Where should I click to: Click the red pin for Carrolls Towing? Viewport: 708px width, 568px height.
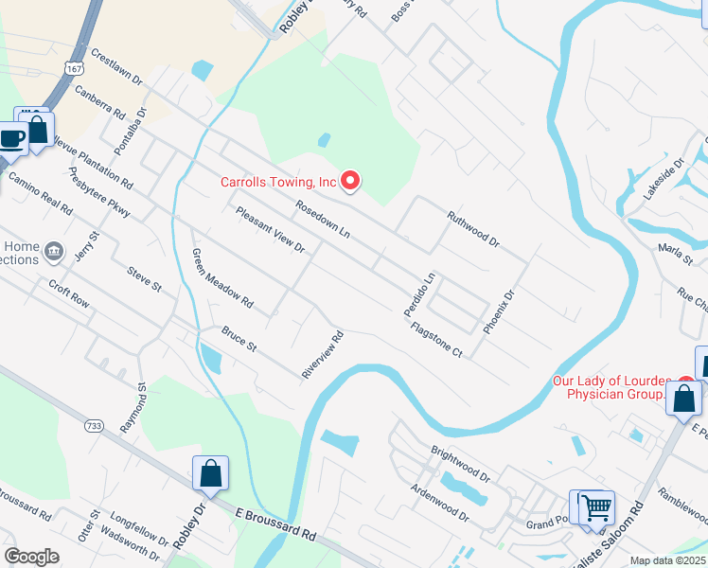coord(350,180)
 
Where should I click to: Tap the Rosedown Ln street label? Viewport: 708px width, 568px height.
coord(322,219)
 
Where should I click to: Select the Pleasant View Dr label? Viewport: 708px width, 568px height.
coord(270,230)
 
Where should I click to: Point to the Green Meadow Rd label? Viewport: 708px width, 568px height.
coord(222,279)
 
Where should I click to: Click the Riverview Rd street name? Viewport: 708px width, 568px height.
coord(322,355)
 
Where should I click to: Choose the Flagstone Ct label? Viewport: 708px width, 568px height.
coord(436,340)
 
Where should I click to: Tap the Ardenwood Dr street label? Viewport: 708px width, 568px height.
coord(439,503)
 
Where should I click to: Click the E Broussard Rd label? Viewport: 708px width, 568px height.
coord(274,523)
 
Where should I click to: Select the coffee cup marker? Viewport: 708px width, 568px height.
coord(12,138)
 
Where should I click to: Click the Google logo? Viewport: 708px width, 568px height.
coord(31,557)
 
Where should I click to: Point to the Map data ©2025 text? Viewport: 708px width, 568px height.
coord(668,560)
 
